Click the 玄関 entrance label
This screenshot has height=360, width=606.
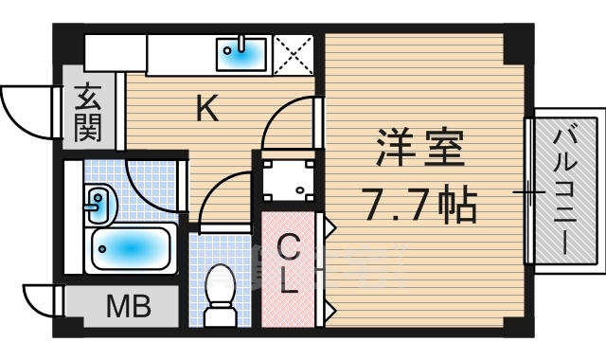point(88,113)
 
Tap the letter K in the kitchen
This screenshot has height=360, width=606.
point(207,111)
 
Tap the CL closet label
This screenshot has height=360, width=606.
point(289,264)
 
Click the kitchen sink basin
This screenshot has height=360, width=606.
point(243,53)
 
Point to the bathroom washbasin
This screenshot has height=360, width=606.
point(98,202)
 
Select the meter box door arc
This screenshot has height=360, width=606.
point(40,299)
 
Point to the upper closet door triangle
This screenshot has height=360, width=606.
point(330,228)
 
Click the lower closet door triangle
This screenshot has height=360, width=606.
point(330,308)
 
